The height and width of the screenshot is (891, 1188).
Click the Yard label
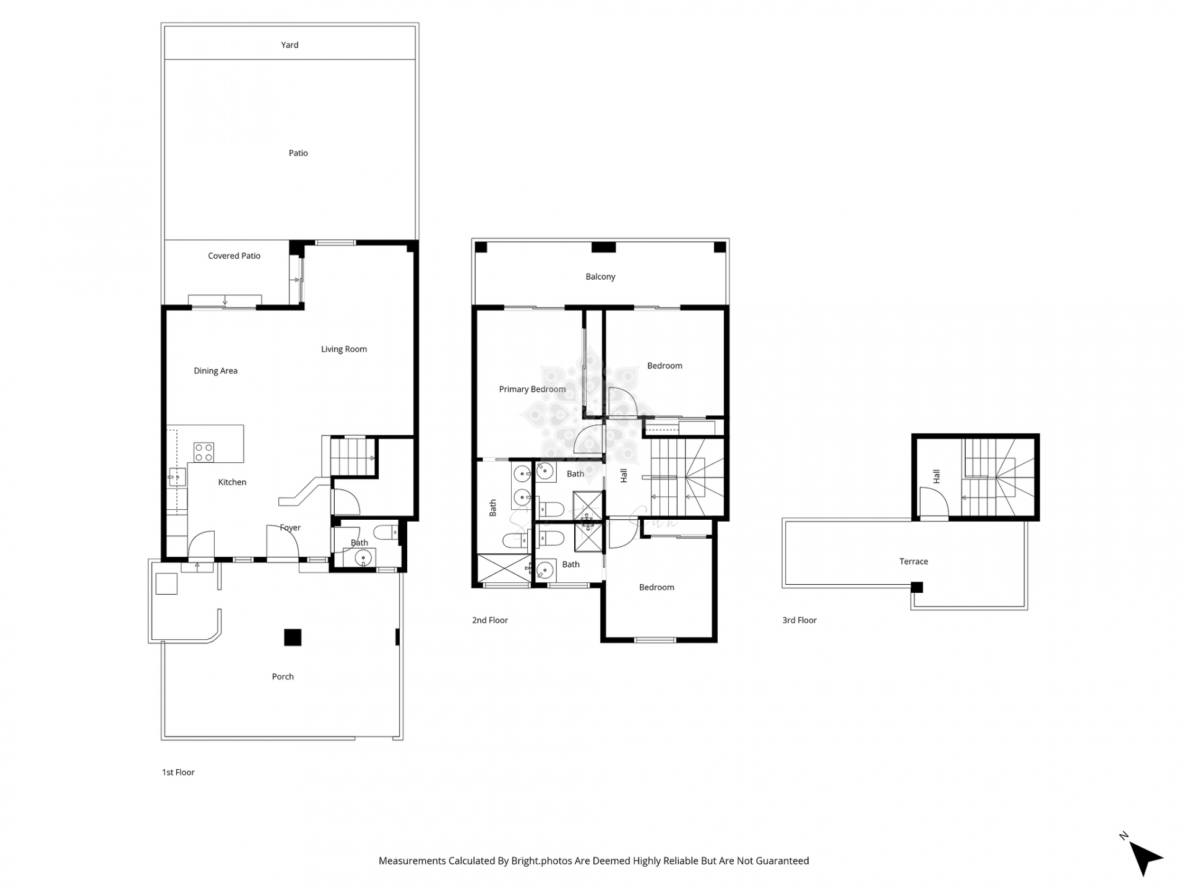tap(290, 45)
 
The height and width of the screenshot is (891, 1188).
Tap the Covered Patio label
tap(234, 256)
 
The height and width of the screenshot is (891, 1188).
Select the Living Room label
tap(343, 349)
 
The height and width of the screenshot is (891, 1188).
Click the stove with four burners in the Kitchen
tap(204, 452)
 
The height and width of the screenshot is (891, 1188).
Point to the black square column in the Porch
tap(293, 637)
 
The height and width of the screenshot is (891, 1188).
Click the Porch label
tap(283, 676)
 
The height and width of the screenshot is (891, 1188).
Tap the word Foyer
tap(290, 528)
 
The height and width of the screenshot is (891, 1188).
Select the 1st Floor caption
tap(178, 772)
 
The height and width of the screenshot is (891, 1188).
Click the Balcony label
tap(600, 277)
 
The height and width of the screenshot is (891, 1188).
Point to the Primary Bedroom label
tap(532, 389)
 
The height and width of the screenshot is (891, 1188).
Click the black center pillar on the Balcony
tap(603, 247)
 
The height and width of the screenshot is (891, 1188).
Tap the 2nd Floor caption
tap(489, 620)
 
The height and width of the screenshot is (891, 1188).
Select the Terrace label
tap(913, 562)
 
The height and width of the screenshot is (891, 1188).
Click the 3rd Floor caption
tap(799, 620)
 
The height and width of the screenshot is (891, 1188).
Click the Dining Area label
tap(215, 371)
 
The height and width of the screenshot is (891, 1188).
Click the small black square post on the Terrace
tap(917, 587)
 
